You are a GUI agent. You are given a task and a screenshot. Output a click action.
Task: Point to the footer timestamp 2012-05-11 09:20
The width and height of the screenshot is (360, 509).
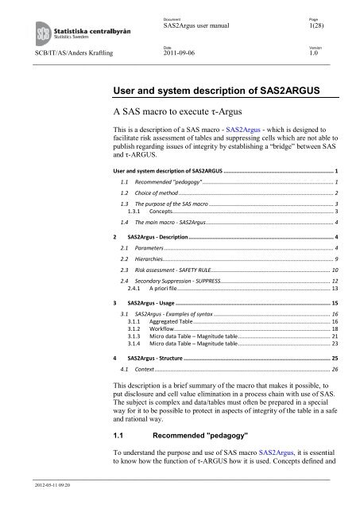[27, 502]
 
